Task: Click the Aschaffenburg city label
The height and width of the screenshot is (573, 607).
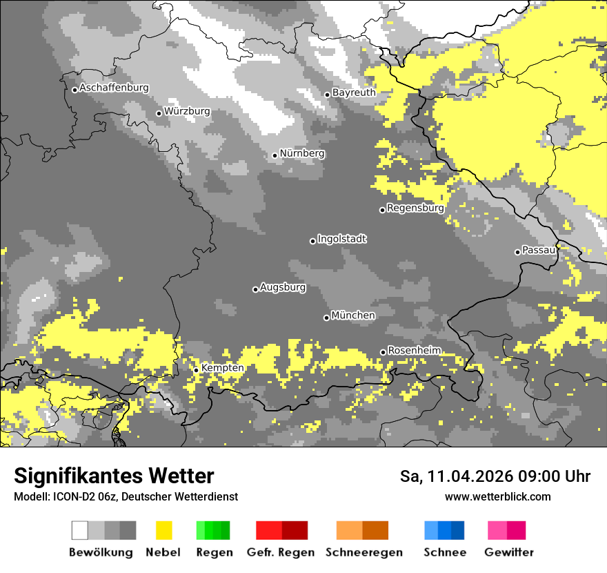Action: (x=114, y=88)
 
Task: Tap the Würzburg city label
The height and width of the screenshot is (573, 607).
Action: (x=187, y=111)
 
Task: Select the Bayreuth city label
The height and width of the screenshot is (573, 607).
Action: (x=354, y=93)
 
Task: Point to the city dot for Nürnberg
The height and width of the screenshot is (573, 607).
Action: (x=275, y=155)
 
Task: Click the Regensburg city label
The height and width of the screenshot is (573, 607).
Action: (x=415, y=208)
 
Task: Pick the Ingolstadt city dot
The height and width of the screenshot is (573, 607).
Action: (x=312, y=241)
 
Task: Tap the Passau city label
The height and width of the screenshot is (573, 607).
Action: (x=539, y=250)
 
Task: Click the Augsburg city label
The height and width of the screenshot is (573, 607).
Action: (x=283, y=287)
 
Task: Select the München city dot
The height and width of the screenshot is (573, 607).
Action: (x=326, y=318)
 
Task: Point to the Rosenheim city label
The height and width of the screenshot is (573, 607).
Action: (x=414, y=351)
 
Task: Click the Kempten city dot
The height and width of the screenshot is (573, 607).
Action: (x=196, y=370)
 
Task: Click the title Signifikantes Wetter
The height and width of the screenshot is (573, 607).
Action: (x=114, y=476)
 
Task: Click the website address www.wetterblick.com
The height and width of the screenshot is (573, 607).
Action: (x=497, y=496)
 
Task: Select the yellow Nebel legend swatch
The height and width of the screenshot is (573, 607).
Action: (x=163, y=530)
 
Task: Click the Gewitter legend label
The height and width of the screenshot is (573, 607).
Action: (x=509, y=552)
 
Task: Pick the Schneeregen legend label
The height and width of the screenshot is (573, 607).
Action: (x=364, y=552)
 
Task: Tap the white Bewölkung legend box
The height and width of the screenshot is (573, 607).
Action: (x=80, y=530)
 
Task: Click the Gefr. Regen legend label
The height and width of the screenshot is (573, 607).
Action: (x=281, y=552)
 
